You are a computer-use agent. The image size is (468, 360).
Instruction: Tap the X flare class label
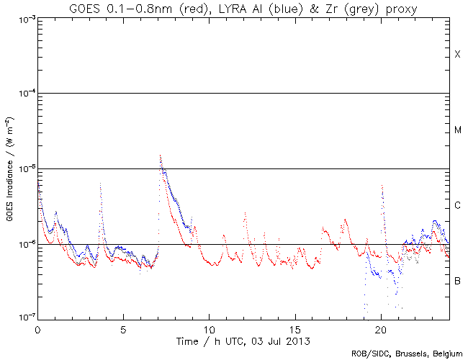coord(457,55)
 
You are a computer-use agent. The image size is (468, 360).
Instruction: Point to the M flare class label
coord(457,130)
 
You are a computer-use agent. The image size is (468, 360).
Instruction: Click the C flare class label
coord(457,206)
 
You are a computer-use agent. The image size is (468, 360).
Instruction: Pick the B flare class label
coord(457,281)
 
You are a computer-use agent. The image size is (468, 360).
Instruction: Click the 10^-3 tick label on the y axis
coord(23,19)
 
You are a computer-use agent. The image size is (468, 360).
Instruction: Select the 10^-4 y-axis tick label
coord(23,94)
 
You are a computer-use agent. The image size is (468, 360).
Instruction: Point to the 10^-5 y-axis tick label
coord(23,169)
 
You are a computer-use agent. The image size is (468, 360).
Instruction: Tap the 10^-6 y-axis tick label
coord(23,245)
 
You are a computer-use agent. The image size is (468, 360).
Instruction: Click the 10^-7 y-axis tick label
coord(23,318)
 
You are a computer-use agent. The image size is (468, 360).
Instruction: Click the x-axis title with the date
coord(244,339)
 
